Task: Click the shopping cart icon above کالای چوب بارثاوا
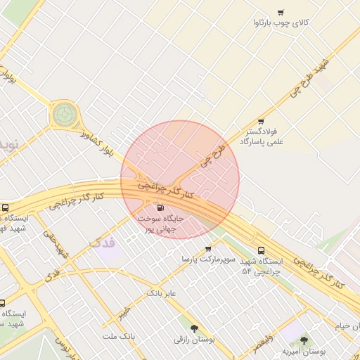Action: (281, 12)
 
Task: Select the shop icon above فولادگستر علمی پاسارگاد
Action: (261, 121)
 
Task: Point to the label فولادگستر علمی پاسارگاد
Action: (260, 136)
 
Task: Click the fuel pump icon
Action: (161, 207)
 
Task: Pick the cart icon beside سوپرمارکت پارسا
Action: (208, 248)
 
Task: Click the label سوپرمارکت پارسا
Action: (200, 259)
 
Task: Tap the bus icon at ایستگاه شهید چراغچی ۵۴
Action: (262, 250)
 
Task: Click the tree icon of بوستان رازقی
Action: (194, 328)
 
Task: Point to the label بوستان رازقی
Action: (194, 340)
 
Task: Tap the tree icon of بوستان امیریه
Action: (304, 340)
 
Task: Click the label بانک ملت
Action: (117, 337)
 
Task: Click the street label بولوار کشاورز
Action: (97, 141)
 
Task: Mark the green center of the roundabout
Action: (64, 112)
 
